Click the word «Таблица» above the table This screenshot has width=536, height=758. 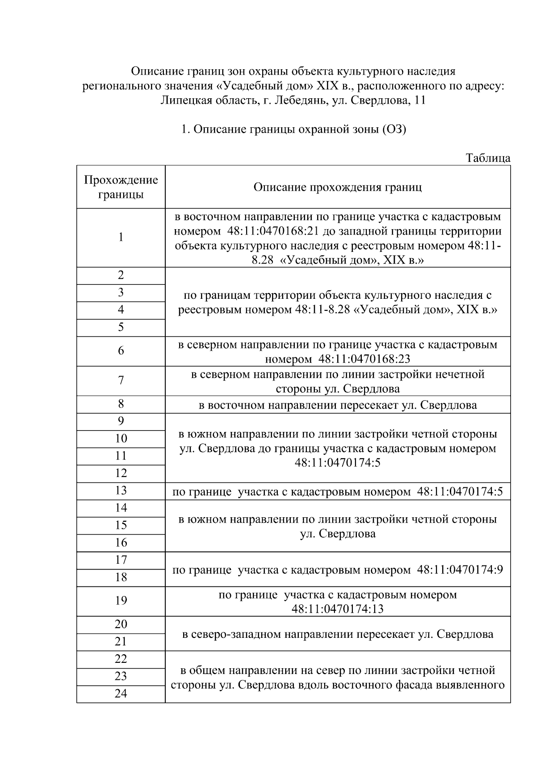click(x=488, y=158)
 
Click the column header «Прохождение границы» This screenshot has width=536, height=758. click(x=121, y=187)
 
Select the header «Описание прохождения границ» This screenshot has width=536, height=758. click(x=337, y=187)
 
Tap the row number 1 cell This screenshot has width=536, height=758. click(x=121, y=237)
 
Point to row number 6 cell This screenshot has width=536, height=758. click(x=121, y=351)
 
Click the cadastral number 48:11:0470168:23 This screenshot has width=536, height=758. click(x=364, y=359)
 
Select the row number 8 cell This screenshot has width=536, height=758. click(x=121, y=404)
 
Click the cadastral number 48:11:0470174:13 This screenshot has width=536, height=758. click(x=337, y=609)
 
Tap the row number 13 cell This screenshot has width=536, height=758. click(x=121, y=491)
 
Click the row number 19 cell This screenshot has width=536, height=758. click(x=121, y=601)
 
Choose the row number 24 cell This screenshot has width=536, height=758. click(x=121, y=694)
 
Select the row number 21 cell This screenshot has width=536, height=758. click(x=121, y=642)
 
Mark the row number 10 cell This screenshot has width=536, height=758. click(x=121, y=439)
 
